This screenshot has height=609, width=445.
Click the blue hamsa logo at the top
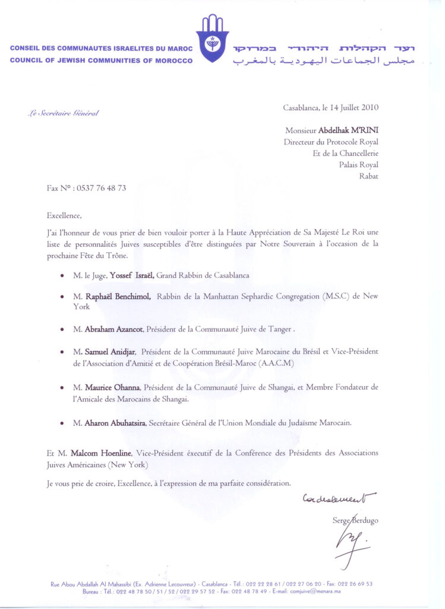pyautogui.click(x=212, y=39)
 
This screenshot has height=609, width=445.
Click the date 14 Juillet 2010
pyautogui.click(x=351, y=108)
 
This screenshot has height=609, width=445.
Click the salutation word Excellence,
pyautogui.click(x=64, y=216)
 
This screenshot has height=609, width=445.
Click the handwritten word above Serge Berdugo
pyautogui.click(x=339, y=497)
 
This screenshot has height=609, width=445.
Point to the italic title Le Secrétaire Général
pyautogui.click(x=63, y=113)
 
